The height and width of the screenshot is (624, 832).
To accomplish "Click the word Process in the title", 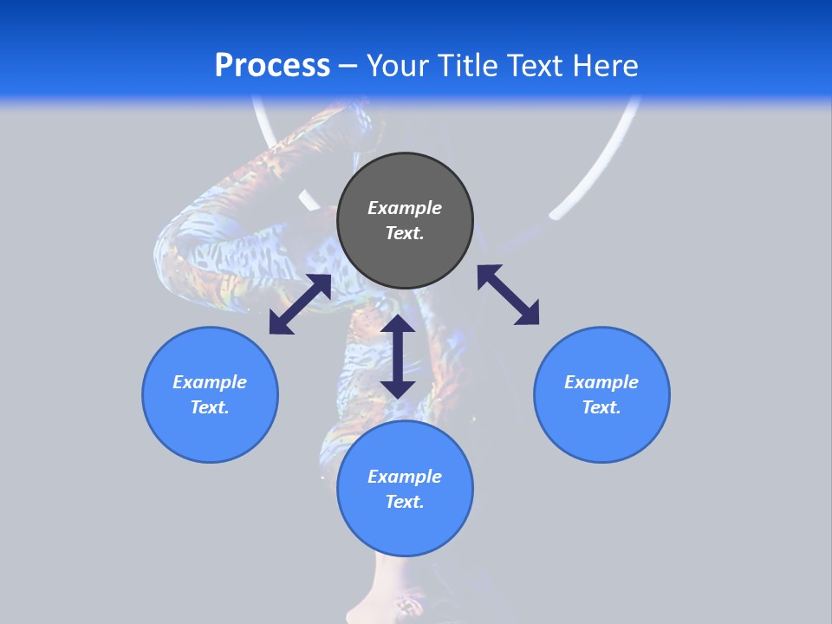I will [x=272, y=66].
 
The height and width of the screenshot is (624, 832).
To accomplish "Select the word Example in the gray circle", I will [x=405, y=208].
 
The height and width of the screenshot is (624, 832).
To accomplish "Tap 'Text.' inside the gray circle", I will [x=405, y=233].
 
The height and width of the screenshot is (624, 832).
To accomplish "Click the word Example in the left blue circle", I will [x=210, y=382].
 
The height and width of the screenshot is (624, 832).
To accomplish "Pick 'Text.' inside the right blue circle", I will [x=601, y=407].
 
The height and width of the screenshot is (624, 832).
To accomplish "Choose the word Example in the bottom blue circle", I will [x=405, y=477].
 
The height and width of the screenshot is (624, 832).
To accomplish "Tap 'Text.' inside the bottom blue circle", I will [x=405, y=502].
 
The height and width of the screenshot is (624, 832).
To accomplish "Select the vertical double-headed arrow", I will [x=398, y=356].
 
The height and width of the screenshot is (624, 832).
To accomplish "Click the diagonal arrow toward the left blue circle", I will [x=300, y=304].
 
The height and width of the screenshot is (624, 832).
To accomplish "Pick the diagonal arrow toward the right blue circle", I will [x=508, y=295].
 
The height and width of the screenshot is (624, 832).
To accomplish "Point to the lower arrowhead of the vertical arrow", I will [x=398, y=387].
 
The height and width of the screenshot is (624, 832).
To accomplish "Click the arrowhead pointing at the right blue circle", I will [x=528, y=314].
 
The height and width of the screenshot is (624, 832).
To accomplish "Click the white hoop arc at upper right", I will [x=607, y=165].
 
